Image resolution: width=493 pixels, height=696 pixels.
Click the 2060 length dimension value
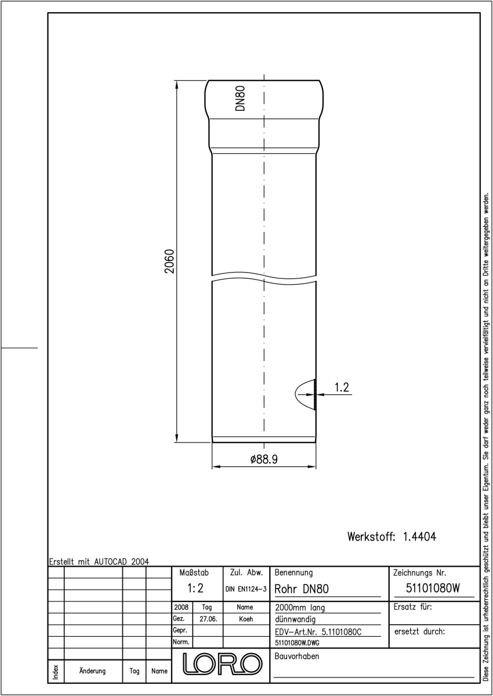pyautogui.click(x=169, y=261)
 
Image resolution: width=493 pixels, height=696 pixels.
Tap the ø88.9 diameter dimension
pyautogui.click(x=264, y=459)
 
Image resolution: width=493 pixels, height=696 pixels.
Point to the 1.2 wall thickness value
pyautogui.click(x=342, y=387)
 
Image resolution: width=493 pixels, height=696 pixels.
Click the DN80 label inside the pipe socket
pyautogui.click(x=240, y=98)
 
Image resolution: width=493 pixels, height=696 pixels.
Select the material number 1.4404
pyautogui.click(x=419, y=536)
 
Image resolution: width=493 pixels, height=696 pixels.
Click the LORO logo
pyautogui.click(x=222, y=664)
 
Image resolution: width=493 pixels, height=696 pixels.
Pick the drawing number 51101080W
pyautogui.click(x=433, y=588)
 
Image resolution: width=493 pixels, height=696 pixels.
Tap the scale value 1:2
pyautogui.click(x=195, y=588)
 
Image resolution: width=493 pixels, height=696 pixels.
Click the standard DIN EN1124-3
pyautogui.click(x=246, y=589)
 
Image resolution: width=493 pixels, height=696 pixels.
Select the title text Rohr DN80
pyautogui.click(x=302, y=589)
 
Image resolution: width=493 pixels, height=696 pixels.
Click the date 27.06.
pyautogui.click(x=208, y=619)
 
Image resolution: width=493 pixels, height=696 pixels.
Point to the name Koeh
pyautogui.click(x=246, y=619)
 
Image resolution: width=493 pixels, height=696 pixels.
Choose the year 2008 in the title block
pyautogui.click(x=181, y=607)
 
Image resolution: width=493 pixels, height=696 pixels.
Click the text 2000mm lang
pyautogui.click(x=300, y=608)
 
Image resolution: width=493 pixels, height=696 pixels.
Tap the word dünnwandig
pyautogui.click(x=295, y=619)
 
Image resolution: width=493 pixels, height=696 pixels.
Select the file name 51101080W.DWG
pyautogui.click(x=297, y=643)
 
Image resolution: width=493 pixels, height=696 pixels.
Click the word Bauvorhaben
pyautogui.click(x=296, y=656)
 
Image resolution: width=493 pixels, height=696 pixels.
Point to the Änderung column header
pyautogui.click(x=92, y=671)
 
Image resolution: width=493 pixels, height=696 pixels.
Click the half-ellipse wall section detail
pyautogui.click(x=305, y=394)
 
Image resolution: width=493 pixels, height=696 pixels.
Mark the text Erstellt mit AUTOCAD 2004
pyautogui.click(x=99, y=562)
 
